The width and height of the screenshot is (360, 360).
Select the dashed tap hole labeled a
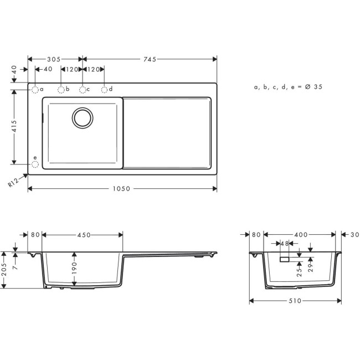click(x=34, y=89)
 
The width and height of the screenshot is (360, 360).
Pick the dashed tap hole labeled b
click(x=60, y=89)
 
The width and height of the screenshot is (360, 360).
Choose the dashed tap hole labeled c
click(x=83, y=89)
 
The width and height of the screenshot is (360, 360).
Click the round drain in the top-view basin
click(x=83, y=117)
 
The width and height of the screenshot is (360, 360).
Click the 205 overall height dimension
click(x=4, y=270)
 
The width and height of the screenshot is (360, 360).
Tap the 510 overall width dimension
click(x=294, y=301)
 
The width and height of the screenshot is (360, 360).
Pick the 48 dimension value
click(x=285, y=244)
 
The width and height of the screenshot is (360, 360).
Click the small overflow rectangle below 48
click(x=285, y=259)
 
